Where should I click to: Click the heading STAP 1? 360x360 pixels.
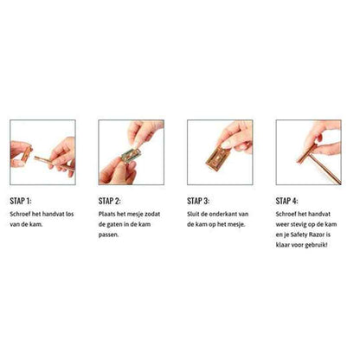21,201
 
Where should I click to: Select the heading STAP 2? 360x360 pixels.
109,201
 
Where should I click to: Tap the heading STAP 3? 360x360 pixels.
198,201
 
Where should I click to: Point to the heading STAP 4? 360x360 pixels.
286,201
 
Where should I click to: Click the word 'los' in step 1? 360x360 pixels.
70,214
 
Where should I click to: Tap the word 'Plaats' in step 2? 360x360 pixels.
106,214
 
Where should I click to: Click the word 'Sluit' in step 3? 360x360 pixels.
193,214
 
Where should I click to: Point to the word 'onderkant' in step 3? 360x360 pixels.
223,214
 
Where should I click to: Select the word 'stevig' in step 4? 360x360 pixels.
297,225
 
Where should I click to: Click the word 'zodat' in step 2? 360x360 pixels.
152,214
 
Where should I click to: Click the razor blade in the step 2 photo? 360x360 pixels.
132,155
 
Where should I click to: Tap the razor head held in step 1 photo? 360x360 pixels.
27,154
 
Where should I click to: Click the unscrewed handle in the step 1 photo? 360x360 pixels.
54,164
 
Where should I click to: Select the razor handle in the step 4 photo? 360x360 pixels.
326,169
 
